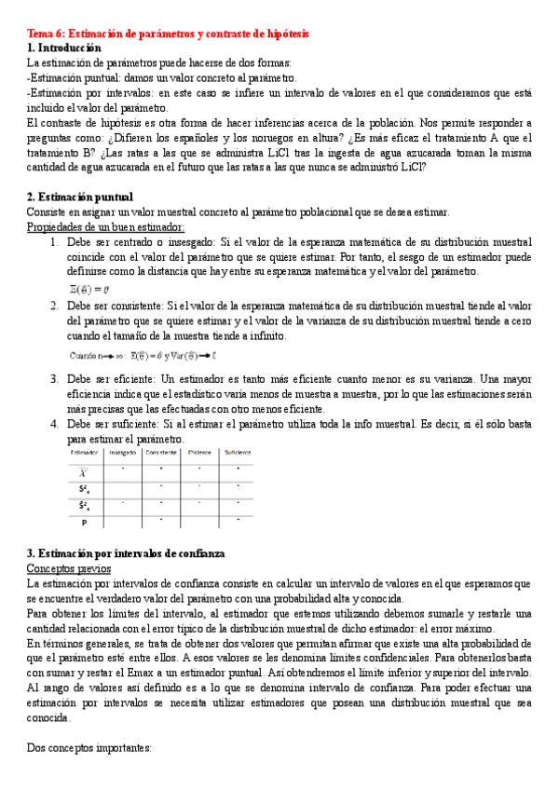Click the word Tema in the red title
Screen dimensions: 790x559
coord(41,34)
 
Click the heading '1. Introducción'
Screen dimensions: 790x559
coord(64,48)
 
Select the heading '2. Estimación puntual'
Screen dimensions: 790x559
coord(80,197)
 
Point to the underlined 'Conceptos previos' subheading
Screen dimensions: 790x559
coord(69,568)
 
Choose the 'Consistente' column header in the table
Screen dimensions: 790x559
coord(161,453)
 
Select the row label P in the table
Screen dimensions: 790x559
coord(84,521)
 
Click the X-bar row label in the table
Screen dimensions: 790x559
coord(84,470)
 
